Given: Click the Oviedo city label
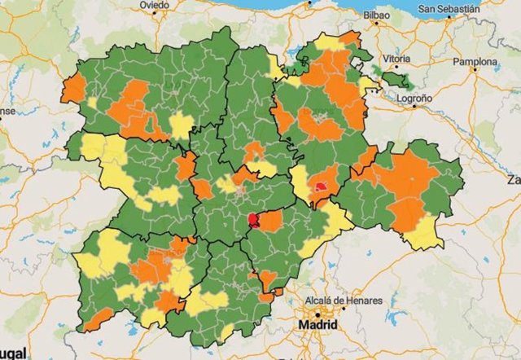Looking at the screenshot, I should coord(154,5).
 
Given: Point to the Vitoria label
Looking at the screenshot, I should coord(396,59).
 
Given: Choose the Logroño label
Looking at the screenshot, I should coord(414,97).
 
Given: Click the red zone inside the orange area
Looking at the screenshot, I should coord(322,187).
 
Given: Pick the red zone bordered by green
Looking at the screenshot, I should coord(254,220).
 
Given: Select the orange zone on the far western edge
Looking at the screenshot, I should coord(73,88).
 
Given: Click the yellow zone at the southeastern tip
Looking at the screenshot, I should coord(424,235).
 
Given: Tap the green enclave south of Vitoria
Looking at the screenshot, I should coord(397,80).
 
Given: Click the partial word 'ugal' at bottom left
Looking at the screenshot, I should coord(13,355).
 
